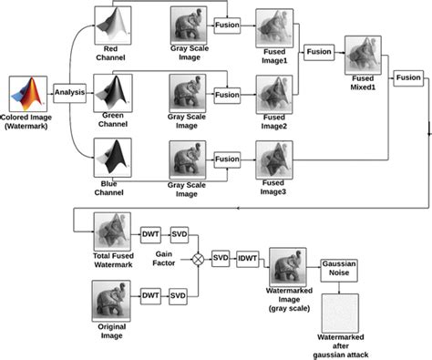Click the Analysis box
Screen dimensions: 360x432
[x=69, y=91]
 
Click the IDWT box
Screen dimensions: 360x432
[x=248, y=258]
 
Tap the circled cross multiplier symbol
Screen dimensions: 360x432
[x=195, y=258]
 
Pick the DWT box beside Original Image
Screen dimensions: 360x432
[x=150, y=296]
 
